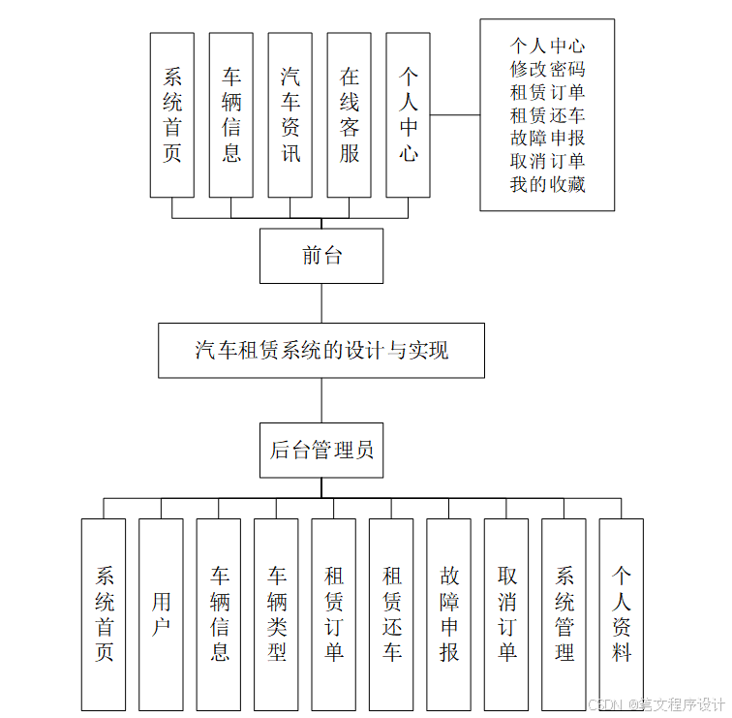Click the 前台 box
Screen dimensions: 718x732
321,256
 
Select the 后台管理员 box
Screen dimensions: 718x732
321,451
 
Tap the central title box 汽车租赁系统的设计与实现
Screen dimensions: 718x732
321,350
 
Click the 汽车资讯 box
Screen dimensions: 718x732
290,114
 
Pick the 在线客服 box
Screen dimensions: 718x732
350,114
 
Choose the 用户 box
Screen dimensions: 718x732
161,614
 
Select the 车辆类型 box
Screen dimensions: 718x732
276,614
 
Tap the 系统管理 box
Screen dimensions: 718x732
564,614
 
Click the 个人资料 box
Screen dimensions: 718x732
621,614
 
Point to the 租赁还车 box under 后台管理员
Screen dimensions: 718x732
391,614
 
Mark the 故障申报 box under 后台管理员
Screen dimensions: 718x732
448,614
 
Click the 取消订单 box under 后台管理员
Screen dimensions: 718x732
506,614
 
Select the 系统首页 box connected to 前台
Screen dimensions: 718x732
172,114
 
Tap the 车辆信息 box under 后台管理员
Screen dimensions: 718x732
219,614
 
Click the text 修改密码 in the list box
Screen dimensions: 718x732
547,69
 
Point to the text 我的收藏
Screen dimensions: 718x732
547,184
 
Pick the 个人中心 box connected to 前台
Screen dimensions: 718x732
409,114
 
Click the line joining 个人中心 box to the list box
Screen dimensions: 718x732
455,114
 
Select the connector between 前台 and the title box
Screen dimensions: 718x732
321,303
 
